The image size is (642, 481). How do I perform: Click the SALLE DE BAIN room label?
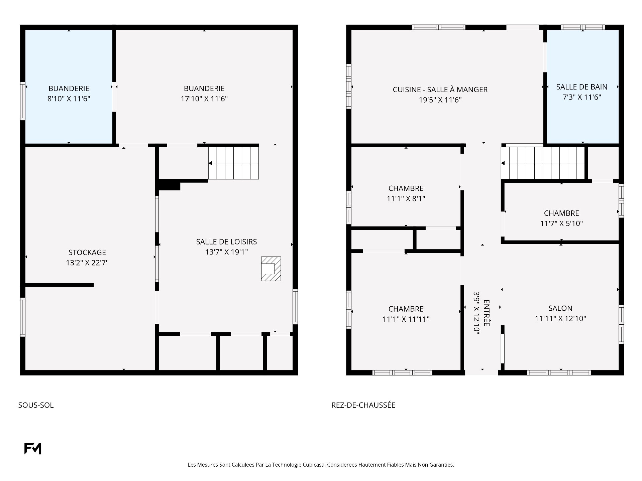(x=582, y=87)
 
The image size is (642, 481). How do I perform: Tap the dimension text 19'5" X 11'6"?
(x=440, y=100)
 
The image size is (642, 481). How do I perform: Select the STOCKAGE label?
(x=87, y=253)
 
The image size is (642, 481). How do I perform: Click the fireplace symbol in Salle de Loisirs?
(x=271, y=269)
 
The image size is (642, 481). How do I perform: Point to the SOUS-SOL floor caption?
(x=36, y=405)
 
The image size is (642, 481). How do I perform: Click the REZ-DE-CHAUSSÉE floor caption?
(x=363, y=405)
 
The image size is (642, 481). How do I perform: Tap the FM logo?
(x=33, y=449)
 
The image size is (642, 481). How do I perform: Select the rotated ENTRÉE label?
(x=487, y=313)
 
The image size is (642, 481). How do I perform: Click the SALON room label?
(x=560, y=308)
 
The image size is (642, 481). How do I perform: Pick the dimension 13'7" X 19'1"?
(x=226, y=252)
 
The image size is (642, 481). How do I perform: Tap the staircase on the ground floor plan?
(x=543, y=163)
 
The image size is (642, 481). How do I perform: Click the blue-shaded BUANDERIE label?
(x=69, y=89)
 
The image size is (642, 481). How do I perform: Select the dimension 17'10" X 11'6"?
(x=204, y=99)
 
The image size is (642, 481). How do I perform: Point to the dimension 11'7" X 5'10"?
(x=561, y=223)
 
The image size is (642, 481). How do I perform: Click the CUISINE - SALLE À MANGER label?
(x=440, y=90)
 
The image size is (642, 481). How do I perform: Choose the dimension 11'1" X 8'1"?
(x=406, y=198)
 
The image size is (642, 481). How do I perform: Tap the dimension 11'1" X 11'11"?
(x=406, y=319)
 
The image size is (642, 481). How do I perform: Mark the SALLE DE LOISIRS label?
(x=226, y=242)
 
